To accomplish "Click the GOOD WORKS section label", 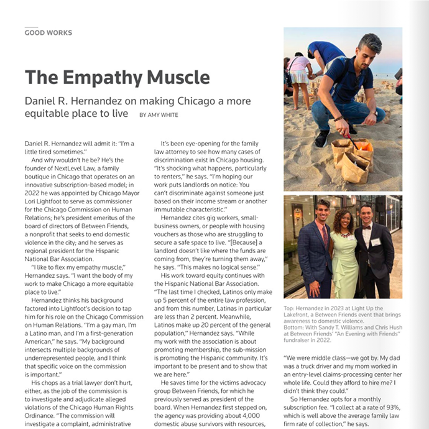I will pyautogui.click(x=48, y=32).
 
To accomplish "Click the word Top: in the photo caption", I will pyautogui.click(x=289, y=308).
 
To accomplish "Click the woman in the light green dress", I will pyautogui.click(x=343, y=255).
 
